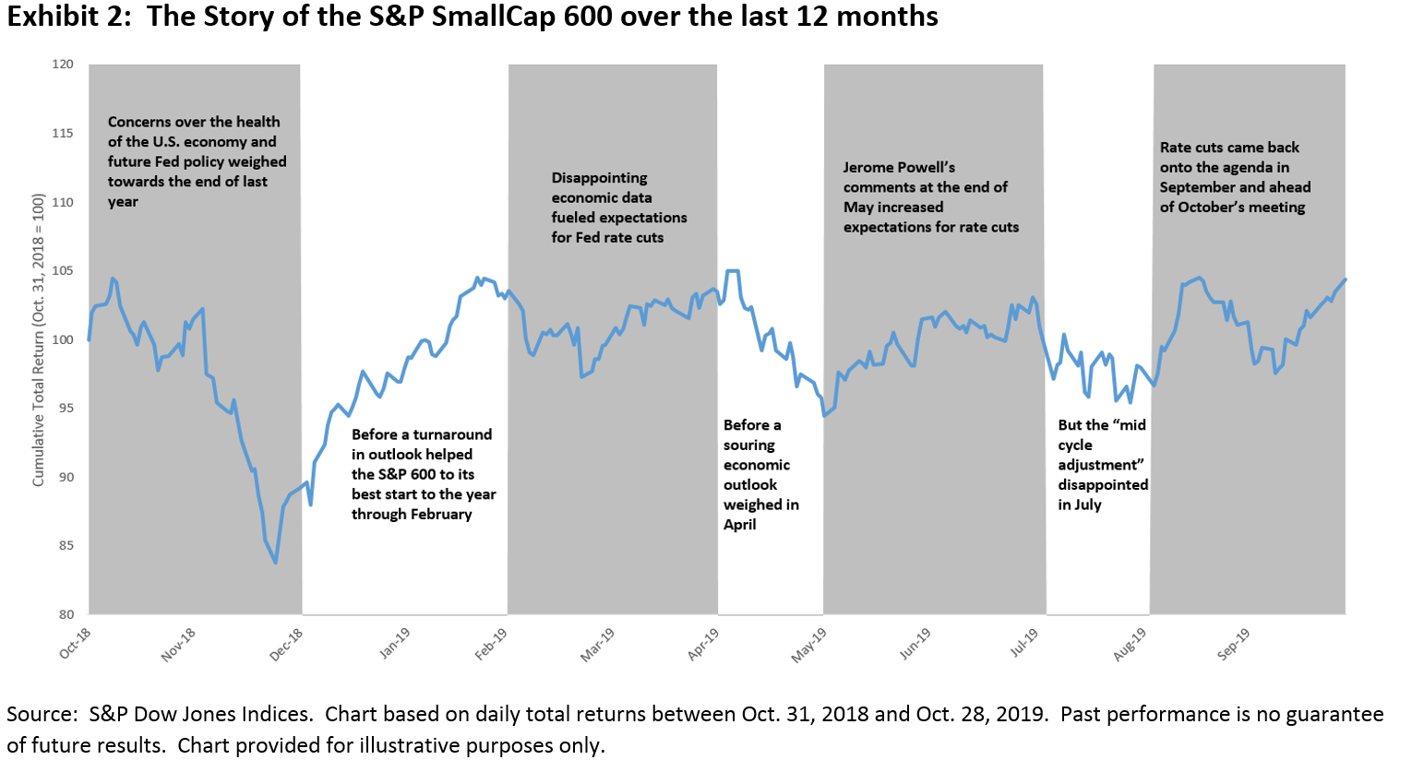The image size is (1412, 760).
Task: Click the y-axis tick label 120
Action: point(63,65)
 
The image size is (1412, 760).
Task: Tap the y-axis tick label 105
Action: point(63,271)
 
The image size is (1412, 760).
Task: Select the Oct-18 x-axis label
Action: point(75,644)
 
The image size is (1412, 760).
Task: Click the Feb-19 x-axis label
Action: point(490,644)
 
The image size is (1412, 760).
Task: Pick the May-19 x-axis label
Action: point(809,645)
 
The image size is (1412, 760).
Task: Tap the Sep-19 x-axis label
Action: point(1234,644)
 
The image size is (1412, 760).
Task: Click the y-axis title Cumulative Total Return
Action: point(38,339)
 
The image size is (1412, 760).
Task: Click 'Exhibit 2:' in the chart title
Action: point(69,17)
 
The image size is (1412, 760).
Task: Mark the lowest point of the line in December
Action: point(275,563)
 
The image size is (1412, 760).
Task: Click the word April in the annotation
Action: point(740,525)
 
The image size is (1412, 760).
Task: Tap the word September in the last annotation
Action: point(1197,187)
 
